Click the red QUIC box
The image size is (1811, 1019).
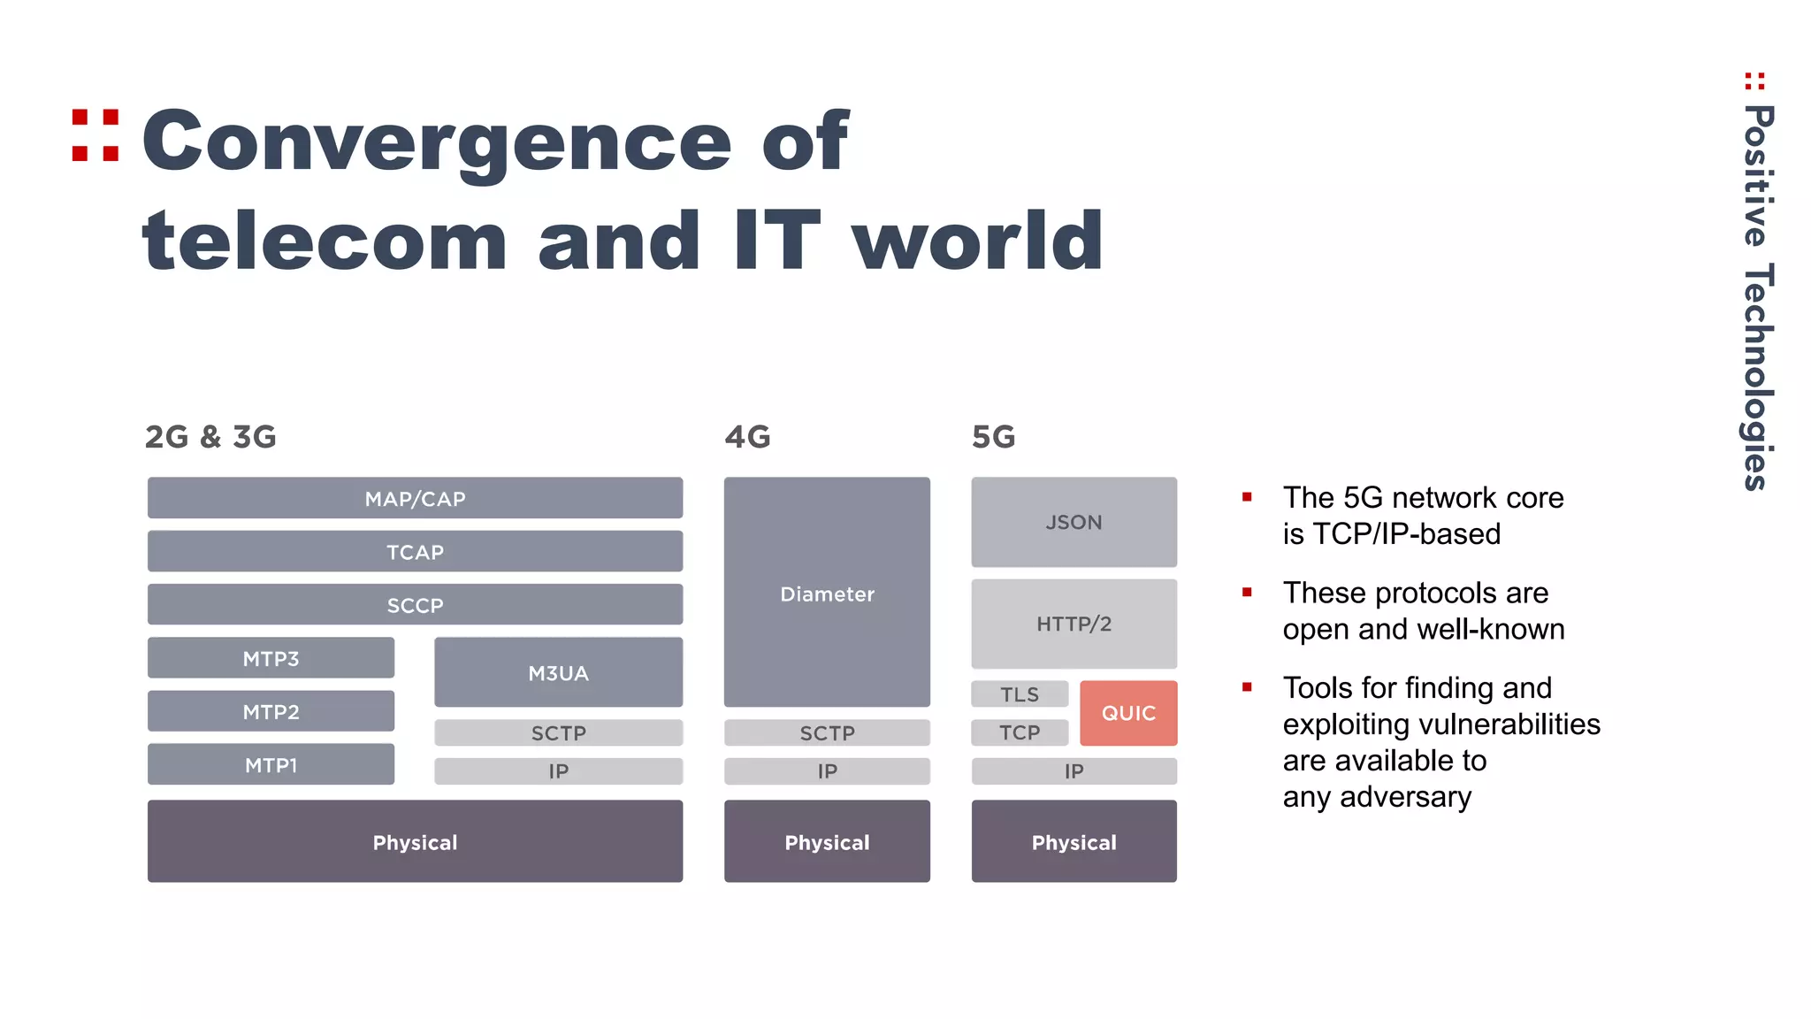[x=1128, y=713]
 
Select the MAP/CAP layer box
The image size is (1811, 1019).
[x=415, y=498]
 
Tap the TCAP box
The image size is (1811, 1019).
[x=415, y=551]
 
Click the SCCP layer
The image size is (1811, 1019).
[x=415, y=605]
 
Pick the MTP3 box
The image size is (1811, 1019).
[x=271, y=658]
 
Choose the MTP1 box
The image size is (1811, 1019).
[x=271, y=764]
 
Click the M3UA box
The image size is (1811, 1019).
[x=558, y=672]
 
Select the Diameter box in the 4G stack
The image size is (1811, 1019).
[x=827, y=593]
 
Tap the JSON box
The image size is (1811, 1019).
[x=1074, y=522]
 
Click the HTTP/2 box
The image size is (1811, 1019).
[x=1074, y=624]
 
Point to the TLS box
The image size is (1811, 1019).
[x=1020, y=694]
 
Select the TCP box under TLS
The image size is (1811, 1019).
[x=1020, y=732]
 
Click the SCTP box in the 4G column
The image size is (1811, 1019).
[x=827, y=732]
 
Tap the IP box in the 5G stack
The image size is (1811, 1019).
[x=1074, y=771]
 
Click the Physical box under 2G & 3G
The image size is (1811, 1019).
[x=415, y=841]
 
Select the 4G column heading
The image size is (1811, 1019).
[x=747, y=437]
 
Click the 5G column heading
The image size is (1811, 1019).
[x=993, y=437]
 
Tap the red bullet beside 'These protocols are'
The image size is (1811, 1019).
[x=1247, y=593]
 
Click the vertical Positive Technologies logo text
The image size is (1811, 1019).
[x=1758, y=296]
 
